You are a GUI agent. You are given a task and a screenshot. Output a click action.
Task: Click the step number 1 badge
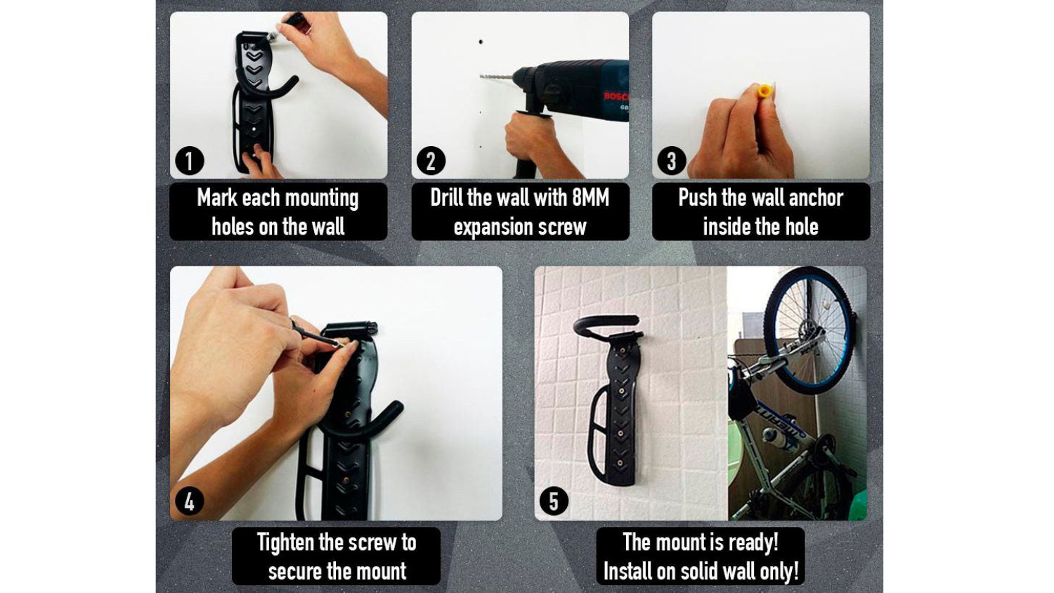[190, 160]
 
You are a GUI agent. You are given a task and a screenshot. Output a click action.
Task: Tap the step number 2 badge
[431, 160]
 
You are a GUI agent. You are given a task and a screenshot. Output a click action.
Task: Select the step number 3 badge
[672, 160]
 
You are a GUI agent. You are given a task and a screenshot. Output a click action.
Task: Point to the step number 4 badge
[190, 501]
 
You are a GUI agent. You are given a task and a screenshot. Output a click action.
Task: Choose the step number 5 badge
[554, 501]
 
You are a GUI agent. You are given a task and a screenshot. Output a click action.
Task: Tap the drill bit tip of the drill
[481, 76]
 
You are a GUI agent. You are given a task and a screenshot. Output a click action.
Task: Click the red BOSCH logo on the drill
[616, 97]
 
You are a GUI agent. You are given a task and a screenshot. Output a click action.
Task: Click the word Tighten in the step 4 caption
[285, 542]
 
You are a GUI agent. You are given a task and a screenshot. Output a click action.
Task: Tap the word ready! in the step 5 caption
[754, 542]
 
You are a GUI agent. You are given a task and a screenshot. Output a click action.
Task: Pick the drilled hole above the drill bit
[481, 42]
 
